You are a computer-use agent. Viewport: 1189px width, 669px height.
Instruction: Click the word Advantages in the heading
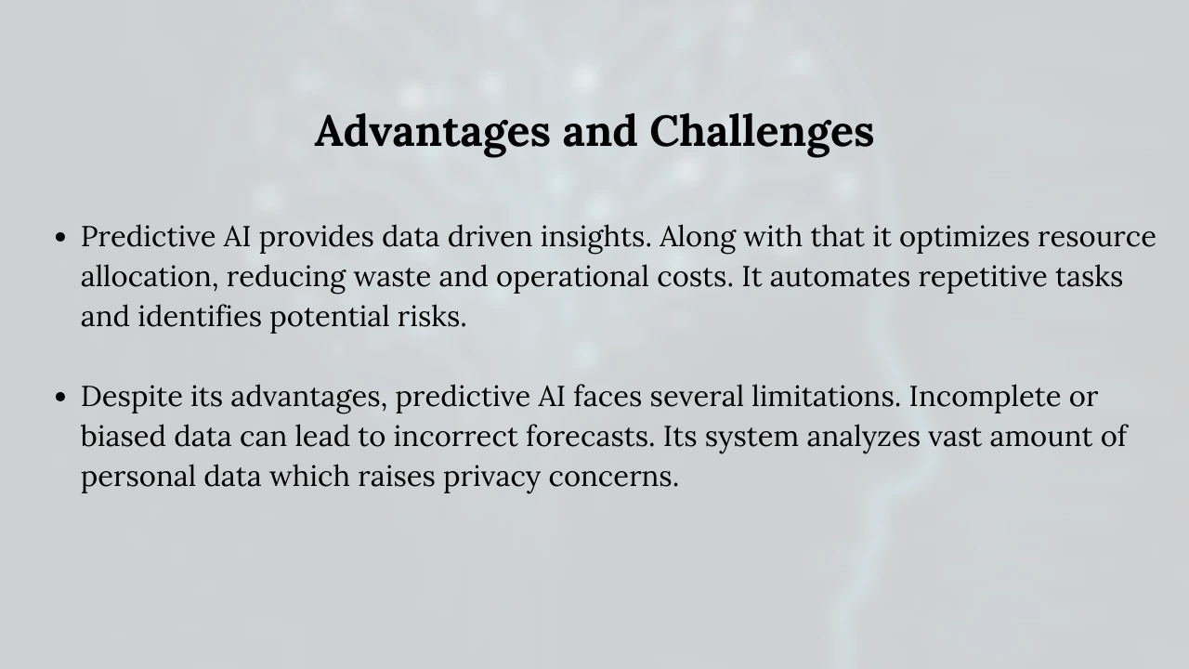(x=433, y=133)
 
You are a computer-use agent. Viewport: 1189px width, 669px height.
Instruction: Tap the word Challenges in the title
(x=762, y=133)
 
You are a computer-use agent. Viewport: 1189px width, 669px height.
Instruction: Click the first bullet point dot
(x=60, y=237)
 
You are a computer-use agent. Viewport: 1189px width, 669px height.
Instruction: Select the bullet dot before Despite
(x=60, y=397)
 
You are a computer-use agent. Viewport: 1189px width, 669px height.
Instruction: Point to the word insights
(x=595, y=237)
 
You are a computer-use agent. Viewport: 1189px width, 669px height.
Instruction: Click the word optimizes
(x=964, y=237)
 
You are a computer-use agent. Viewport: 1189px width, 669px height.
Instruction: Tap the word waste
(x=392, y=278)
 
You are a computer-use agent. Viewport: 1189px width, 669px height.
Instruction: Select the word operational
(x=572, y=277)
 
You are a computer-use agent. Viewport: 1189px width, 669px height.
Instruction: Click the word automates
(x=840, y=278)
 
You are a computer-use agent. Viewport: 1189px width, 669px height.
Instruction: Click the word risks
(x=432, y=317)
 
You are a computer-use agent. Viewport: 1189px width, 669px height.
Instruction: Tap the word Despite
(x=131, y=397)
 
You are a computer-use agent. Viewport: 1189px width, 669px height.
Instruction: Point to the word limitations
(x=826, y=397)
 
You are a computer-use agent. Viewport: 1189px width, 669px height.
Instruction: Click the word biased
(x=124, y=437)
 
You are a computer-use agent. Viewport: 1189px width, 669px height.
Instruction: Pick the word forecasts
(x=590, y=437)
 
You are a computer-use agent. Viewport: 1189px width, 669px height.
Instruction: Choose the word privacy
(x=491, y=477)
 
